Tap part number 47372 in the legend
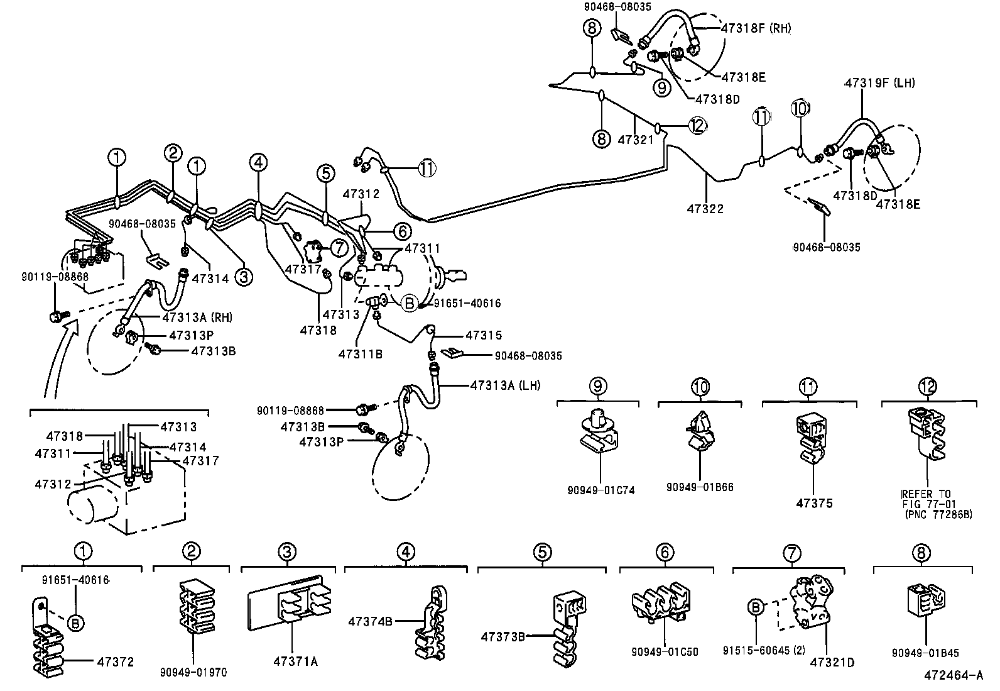tap(115, 661)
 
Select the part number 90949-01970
tap(193, 673)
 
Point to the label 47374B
tap(370, 621)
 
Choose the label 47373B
tap(503, 636)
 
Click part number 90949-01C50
tap(664, 653)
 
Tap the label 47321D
tap(832, 662)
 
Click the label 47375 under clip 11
tap(814, 503)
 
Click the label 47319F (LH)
tap(879, 82)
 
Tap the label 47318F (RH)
tap(756, 28)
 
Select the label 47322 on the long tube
tap(705, 208)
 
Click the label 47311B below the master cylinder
tap(360, 353)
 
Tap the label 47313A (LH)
tap(504, 385)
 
